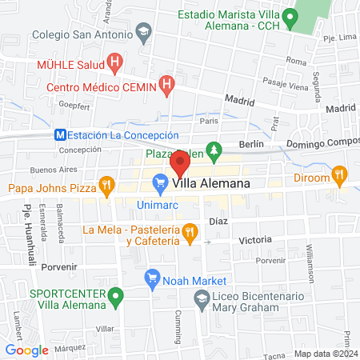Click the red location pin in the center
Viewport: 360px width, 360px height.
pyautogui.click(x=179, y=166)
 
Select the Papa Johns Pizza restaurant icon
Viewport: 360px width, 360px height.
pyautogui.click(x=106, y=189)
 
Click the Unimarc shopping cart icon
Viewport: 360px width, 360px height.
pyautogui.click(x=160, y=184)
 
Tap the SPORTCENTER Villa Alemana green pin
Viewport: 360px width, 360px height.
pyautogui.click(x=117, y=298)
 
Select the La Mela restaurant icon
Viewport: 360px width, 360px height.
pyautogui.click(x=189, y=233)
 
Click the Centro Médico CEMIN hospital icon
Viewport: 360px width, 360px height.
pyautogui.click(x=166, y=82)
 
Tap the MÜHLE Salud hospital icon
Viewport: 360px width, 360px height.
pyautogui.click(x=114, y=61)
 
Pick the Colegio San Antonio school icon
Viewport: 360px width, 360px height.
pyautogui.click(x=144, y=34)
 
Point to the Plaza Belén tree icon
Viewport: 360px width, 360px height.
pyautogui.click(x=214, y=150)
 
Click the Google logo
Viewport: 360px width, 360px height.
pyautogui.click(x=27, y=350)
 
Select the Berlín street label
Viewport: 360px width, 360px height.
pyautogui.click(x=251, y=144)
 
